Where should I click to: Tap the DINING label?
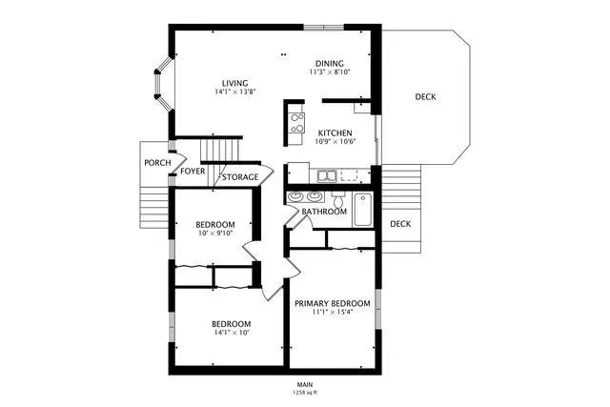330,63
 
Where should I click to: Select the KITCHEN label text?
335,132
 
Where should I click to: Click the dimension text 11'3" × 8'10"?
330,72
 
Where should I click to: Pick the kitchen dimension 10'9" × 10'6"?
335,142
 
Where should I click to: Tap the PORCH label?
158,163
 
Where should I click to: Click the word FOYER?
193,172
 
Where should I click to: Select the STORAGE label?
240,177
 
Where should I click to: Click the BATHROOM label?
324,212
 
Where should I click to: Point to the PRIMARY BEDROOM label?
332,303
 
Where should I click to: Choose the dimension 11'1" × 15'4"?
332,313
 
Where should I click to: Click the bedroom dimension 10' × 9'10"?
215,234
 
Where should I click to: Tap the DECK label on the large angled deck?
426,97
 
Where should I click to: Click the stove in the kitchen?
295,121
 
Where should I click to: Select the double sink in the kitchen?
326,175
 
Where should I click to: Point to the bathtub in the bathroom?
363,210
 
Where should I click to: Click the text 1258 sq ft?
304,392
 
